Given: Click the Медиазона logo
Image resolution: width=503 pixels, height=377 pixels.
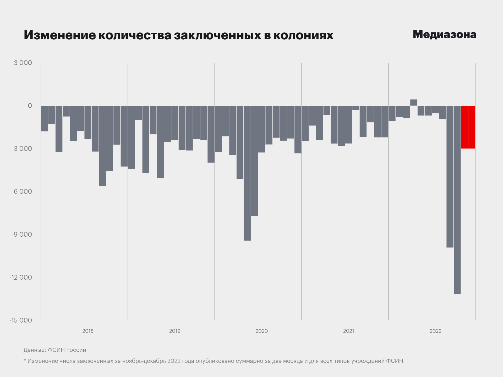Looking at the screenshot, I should (x=444, y=35).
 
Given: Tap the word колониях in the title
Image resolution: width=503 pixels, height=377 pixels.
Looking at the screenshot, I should (x=303, y=35).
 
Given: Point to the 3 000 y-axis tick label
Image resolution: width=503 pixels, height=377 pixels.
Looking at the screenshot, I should (x=23, y=63).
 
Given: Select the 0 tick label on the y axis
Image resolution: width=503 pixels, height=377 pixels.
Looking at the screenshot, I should (x=30, y=106).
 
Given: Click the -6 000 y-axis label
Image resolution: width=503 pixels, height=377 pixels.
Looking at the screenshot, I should (x=22, y=192).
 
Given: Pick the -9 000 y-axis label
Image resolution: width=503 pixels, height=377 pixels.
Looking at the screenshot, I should (x=22, y=235).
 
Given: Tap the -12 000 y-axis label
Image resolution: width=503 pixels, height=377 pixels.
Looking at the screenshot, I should (x=21, y=278).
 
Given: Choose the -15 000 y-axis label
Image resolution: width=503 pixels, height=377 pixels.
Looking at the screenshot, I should (x=21, y=320).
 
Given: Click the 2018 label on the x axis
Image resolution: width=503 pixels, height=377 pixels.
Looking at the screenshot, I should (x=88, y=331).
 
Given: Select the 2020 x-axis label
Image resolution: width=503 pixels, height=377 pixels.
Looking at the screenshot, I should (x=261, y=331).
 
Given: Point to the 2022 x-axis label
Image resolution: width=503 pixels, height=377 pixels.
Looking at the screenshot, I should (x=435, y=331).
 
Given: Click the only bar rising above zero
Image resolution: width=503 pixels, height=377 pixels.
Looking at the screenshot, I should (x=414, y=103).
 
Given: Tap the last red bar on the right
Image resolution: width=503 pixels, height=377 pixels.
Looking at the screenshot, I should (x=472, y=127).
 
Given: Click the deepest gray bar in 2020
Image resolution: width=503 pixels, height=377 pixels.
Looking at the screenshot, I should (x=247, y=173).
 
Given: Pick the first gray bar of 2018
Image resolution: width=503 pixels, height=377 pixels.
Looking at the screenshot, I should (x=45, y=119).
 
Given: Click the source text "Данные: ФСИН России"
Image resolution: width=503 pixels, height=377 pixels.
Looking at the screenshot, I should (x=55, y=350).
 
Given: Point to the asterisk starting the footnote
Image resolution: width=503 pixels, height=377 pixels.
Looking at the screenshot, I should (x=25, y=361).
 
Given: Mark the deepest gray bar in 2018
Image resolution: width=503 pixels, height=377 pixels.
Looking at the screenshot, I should (x=102, y=146).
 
